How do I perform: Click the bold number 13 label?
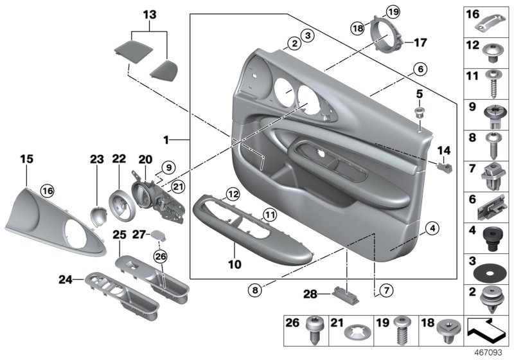(149, 15)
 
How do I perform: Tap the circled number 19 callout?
(393, 11)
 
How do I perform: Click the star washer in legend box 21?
(357, 333)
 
